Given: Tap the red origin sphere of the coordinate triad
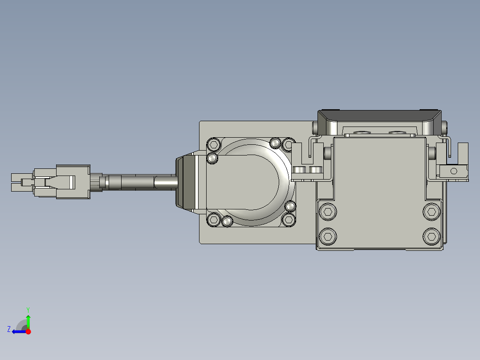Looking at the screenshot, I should click(x=28, y=331).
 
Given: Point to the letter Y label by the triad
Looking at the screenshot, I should click(x=28, y=309).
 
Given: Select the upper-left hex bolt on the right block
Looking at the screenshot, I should click(x=328, y=212).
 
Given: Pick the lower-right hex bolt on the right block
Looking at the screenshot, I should click(x=431, y=236).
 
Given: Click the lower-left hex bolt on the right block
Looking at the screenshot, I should click(x=328, y=236).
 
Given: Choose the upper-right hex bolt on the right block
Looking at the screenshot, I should click(x=431, y=212).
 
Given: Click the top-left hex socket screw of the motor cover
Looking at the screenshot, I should click(x=214, y=144).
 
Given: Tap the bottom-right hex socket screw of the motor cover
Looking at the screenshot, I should click(x=289, y=220).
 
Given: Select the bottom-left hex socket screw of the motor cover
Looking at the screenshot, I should click(x=214, y=220).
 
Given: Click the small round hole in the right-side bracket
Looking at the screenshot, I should click(x=454, y=171).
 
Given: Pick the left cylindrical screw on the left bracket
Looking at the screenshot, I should click(x=300, y=170).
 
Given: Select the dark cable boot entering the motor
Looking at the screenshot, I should click(x=186, y=182).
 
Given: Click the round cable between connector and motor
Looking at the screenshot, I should click(x=138, y=182).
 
